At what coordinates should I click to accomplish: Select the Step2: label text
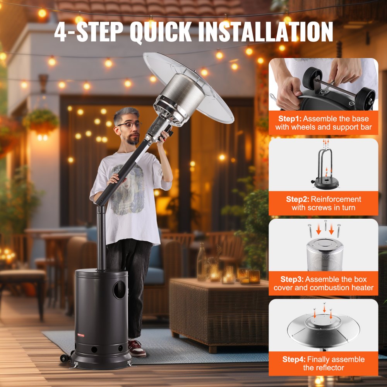click(x=297, y=199)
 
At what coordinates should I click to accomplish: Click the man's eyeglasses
click(x=130, y=125)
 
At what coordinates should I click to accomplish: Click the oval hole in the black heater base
click(x=119, y=290)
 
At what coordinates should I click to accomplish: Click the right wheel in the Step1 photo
click(x=365, y=100)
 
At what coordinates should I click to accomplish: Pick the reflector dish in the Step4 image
click(x=323, y=330)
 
